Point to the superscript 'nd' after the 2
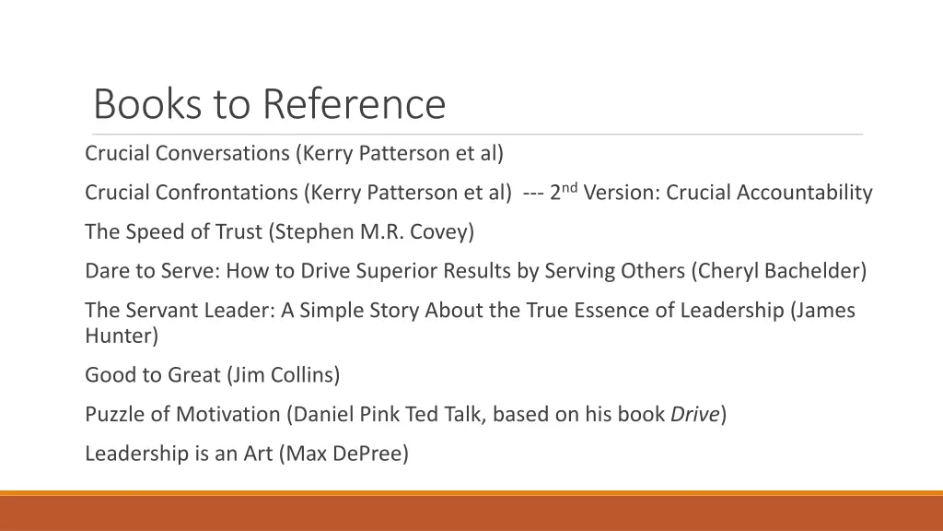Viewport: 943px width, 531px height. point(569,187)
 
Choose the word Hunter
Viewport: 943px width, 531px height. point(122,336)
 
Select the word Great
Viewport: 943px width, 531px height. point(193,375)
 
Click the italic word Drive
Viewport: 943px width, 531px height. point(694,415)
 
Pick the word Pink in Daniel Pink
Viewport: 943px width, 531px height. point(374,415)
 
